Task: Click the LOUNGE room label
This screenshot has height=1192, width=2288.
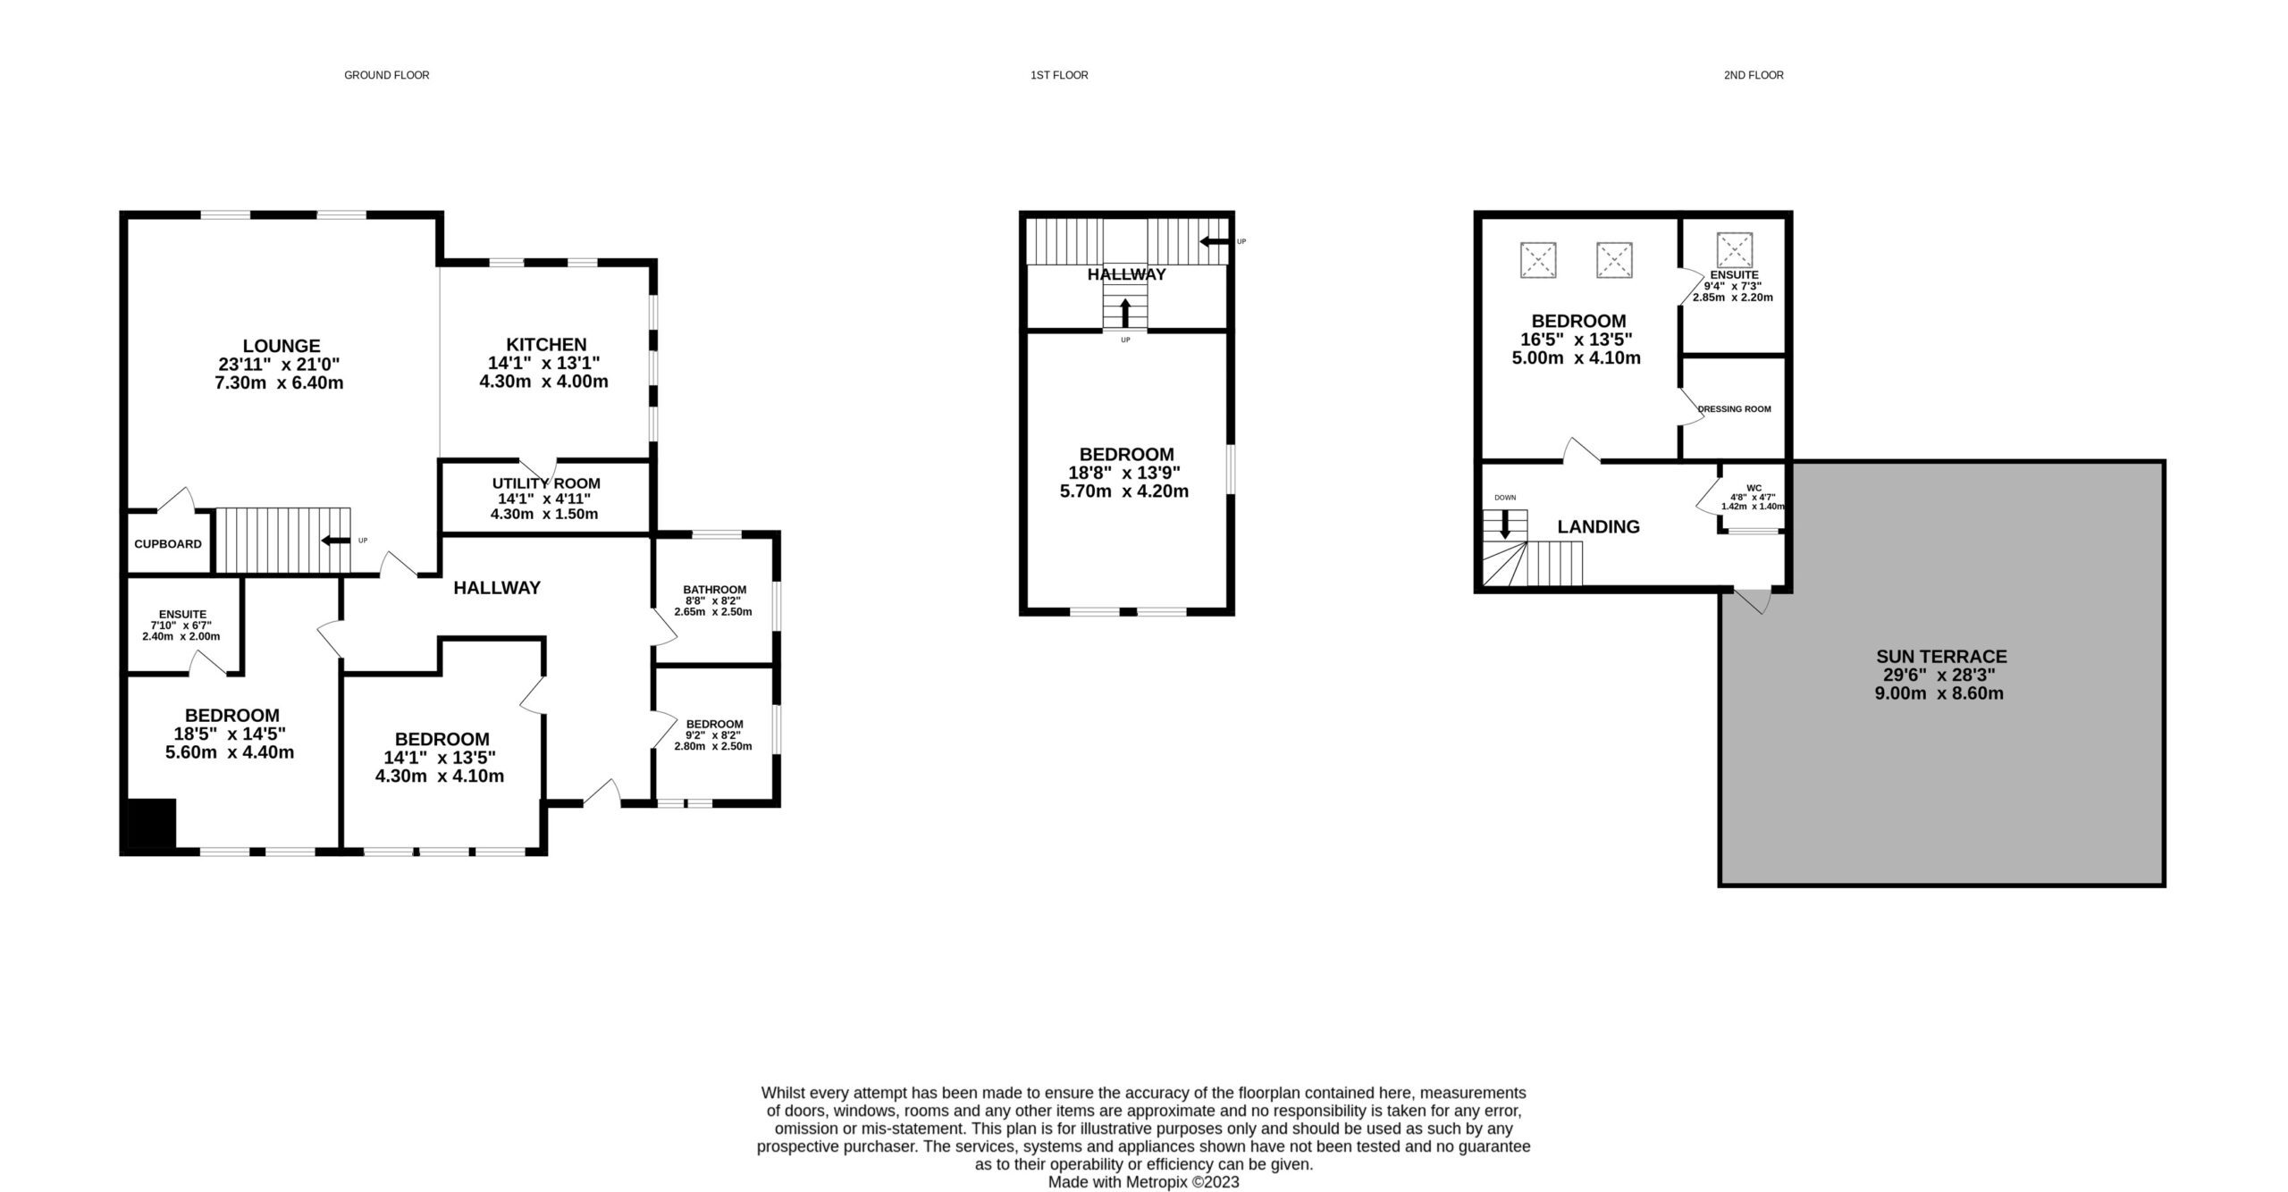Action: coord(282,346)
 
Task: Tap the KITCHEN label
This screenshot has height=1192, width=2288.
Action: coord(546,344)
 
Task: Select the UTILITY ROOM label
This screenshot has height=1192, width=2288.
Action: coord(546,483)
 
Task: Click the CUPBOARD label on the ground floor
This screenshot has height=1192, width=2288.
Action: coord(168,544)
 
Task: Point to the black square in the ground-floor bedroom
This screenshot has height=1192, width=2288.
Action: coord(152,823)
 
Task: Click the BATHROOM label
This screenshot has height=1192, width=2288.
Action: coord(715,590)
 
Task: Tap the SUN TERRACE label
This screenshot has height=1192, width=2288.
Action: coord(1939,656)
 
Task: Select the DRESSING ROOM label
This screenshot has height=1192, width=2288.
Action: coord(1734,409)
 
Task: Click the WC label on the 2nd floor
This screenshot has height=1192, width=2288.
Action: coord(1754,488)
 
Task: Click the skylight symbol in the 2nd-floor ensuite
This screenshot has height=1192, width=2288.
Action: coord(1735,250)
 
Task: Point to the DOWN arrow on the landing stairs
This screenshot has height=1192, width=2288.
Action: coord(1505,524)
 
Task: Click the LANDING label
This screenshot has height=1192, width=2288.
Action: coord(1599,527)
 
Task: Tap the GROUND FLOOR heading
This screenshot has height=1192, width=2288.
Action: coord(387,75)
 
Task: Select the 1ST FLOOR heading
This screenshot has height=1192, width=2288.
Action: coord(1059,75)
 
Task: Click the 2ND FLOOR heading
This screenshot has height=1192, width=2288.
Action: coord(1754,75)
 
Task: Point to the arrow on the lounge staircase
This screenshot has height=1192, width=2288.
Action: coord(336,541)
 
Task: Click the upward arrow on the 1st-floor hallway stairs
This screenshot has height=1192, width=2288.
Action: coord(1125,313)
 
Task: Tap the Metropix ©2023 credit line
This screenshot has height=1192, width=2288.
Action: coord(1144,1182)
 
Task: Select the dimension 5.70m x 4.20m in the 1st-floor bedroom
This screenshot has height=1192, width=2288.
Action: coord(1125,491)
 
